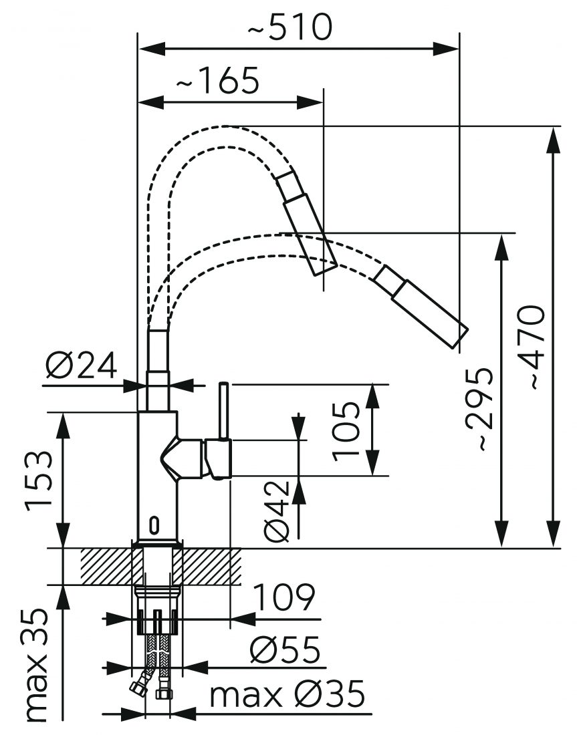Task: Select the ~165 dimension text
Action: (x=217, y=82)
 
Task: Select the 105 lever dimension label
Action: (x=347, y=431)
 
